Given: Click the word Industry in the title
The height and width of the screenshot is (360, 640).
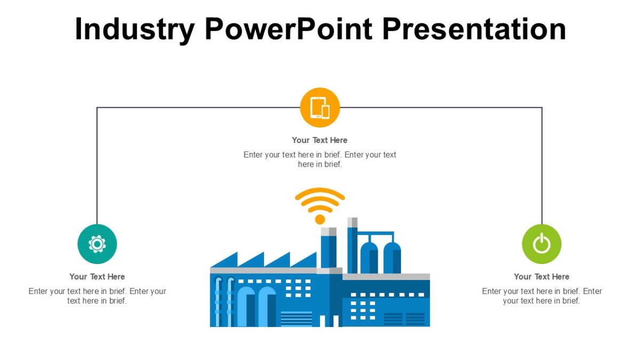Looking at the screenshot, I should [134, 29].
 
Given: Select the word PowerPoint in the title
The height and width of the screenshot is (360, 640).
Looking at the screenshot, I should [288, 29].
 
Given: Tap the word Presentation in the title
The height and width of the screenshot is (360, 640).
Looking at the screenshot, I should [474, 29].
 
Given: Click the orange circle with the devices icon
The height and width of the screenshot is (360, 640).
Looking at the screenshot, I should [320, 108].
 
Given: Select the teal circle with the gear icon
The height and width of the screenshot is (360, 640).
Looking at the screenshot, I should [97, 244].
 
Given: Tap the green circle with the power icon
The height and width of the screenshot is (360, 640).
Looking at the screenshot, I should [541, 244].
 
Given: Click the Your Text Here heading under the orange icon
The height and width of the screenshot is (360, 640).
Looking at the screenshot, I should [319, 140].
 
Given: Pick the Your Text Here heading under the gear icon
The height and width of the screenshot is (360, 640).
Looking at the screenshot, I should [97, 277].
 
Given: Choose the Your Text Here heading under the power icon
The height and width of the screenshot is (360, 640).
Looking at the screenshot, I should [541, 277].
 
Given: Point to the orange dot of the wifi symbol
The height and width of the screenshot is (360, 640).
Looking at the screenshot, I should [320, 219].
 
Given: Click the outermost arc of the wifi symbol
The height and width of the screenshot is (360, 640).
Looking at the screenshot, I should [320, 190].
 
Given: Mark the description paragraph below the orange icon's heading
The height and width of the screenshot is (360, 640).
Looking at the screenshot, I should [319, 159].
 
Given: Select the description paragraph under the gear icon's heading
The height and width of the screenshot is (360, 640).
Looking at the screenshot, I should [97, 296].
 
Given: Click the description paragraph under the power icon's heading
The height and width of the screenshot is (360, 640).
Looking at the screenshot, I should [541, 296].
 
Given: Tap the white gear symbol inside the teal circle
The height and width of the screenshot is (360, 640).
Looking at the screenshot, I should [97, 244].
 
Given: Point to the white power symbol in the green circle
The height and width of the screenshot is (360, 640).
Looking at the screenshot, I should [541, 244].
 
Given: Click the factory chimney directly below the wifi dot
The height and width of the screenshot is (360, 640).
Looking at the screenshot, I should [329, 248].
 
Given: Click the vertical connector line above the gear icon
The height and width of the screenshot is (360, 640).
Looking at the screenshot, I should [97, 165].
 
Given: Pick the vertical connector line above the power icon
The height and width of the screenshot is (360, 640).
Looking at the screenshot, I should [542, 165].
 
